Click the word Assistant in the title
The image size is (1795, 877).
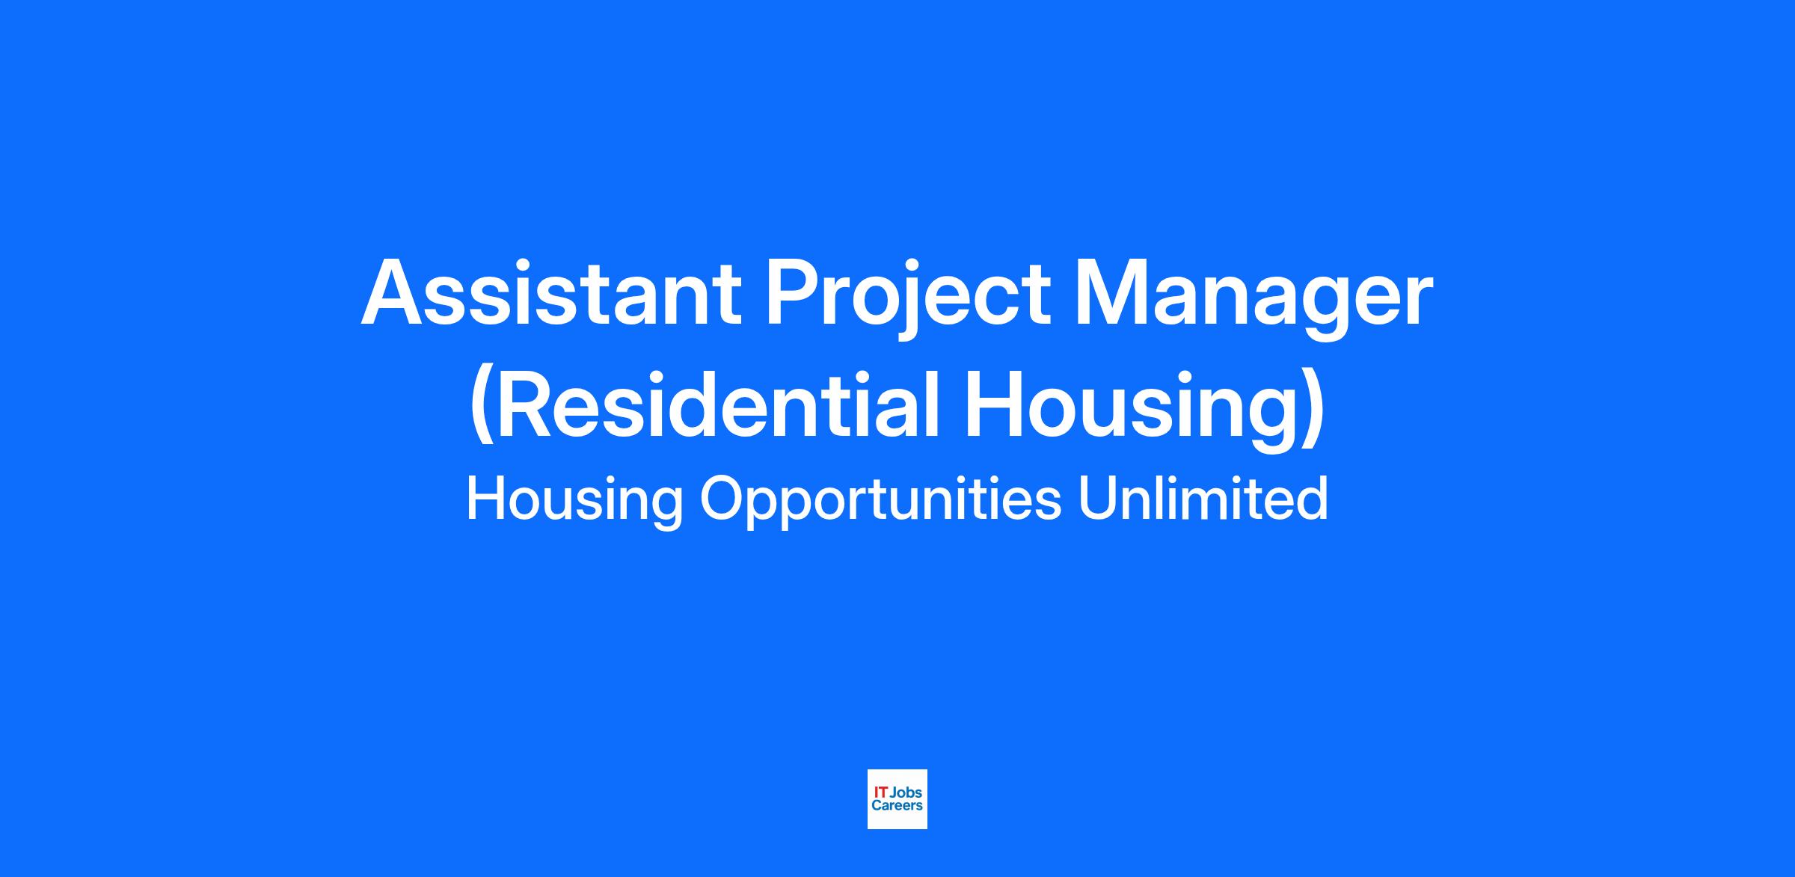point(551,292)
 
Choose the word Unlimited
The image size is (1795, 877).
point(1203,498)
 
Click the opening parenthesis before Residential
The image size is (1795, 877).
point(482,407)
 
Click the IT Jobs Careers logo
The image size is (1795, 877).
point(897,798)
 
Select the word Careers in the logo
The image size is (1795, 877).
point(897,805)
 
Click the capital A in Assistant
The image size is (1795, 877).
point(393,292)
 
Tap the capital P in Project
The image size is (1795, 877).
point(795,292)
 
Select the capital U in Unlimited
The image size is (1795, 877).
point(1098,499)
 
